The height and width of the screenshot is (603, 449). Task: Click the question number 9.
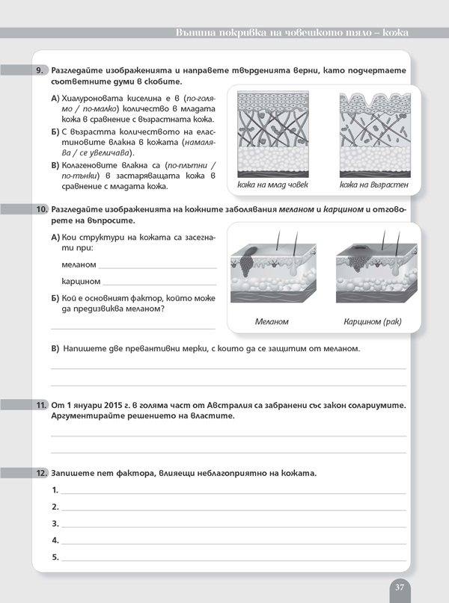point(41,69)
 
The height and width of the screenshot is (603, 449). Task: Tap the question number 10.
point(41,211)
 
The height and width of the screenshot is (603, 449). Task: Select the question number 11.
point(41,405)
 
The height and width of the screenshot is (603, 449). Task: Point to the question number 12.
point(41,474)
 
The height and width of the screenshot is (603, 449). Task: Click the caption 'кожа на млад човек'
point(272,185)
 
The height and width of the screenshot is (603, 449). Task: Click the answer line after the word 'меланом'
point(157,266)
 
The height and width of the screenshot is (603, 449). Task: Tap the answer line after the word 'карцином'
point(159,283)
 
